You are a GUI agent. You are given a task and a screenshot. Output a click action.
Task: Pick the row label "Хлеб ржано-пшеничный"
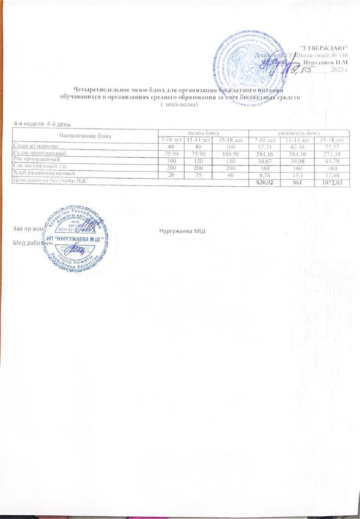coord(43,172)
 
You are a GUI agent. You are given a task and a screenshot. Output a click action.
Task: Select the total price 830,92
coord(262,183)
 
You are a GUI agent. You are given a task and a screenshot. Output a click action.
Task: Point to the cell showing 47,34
coord(262,146)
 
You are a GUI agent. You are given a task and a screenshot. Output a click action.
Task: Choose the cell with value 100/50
coord(230,153)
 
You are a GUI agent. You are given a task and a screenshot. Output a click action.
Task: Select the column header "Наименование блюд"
coord(85,136)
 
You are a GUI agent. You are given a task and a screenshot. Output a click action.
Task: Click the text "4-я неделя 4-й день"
coord(42,124)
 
